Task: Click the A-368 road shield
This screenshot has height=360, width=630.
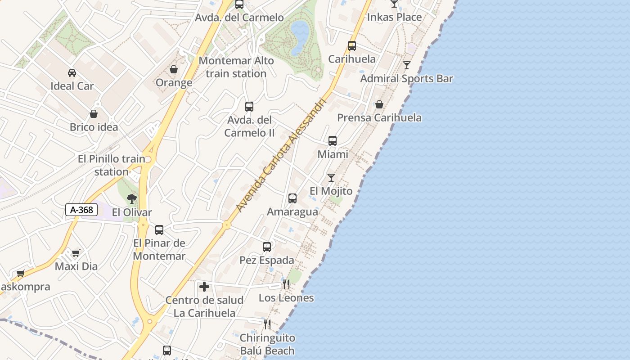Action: tap(81, 209)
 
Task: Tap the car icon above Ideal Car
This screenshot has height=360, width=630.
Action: tap(72, 73)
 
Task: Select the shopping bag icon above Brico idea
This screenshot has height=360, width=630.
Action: tap(94, 114)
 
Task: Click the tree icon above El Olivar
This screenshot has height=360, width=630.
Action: tap(132, 199)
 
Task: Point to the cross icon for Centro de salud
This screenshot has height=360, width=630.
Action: tap(204, 286)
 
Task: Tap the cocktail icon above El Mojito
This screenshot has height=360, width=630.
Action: tap(331, 178)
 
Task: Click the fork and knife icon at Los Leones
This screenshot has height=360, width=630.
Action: tap(286, 284)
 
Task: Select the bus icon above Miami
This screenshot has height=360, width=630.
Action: tap(333, 141)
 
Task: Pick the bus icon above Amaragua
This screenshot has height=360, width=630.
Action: tap(292, 198)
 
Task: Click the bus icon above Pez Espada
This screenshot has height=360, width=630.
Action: tap(267, 247)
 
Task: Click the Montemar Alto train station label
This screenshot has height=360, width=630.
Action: tap(236, 67)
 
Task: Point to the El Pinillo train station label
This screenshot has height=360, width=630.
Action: tap(112, 165)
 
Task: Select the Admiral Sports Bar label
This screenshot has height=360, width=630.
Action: tap(406, 79)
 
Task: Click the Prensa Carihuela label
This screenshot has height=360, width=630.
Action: tap(379, 118)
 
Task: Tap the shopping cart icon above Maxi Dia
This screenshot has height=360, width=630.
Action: tap(76, 253)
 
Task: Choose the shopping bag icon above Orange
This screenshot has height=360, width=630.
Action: tap(174, 70)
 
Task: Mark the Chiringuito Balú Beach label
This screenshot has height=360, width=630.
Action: tap(267, 344)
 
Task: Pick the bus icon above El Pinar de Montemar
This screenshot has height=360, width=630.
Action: tap(159, 230)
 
